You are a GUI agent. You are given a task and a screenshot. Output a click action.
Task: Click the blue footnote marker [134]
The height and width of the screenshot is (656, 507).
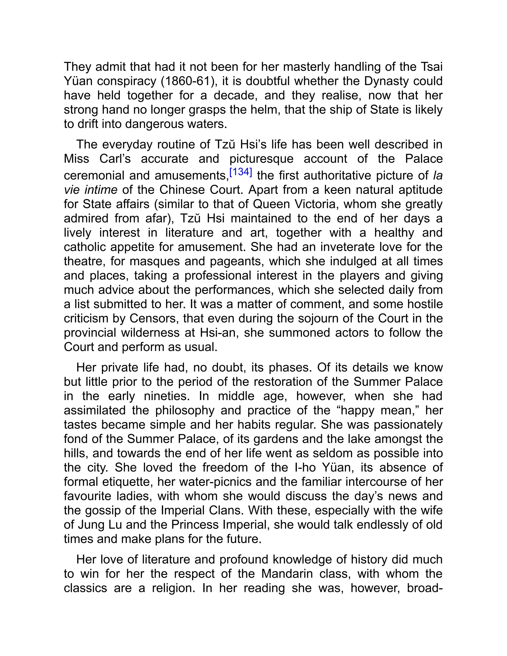tap(241, 172)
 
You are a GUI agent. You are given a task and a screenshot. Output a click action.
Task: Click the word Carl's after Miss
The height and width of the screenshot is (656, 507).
tap(115, 159)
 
